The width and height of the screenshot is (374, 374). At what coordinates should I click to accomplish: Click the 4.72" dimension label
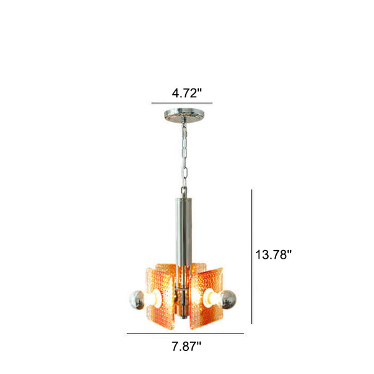click(187, 93)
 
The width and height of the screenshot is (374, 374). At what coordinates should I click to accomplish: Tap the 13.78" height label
click(274, 254)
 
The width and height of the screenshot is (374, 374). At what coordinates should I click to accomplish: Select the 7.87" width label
click(186, 347)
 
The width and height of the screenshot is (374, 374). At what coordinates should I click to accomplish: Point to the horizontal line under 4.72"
click(182, 103)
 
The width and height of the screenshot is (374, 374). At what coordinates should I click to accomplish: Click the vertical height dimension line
click(252, 257)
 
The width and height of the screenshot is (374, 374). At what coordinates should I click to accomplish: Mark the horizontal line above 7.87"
click(185, 333)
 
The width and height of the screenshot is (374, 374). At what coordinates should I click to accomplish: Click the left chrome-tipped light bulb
click(137, 300)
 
